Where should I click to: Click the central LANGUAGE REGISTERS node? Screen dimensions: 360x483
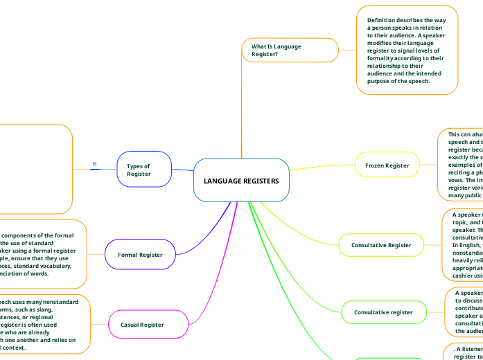click(x=241, y=181)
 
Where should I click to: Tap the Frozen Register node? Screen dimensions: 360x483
click(x=387, y=165)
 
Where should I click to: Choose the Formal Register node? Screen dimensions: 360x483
click(x=140, y=255)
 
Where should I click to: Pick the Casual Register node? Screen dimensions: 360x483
click(x=142, y=324)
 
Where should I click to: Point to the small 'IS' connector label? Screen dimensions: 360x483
click(x=95, y=165)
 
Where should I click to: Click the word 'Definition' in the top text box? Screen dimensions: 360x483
click(x=383, y=20)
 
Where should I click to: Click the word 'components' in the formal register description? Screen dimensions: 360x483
click(x=21, y=236)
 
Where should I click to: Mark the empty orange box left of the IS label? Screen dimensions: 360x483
click(x=35, y=169)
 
